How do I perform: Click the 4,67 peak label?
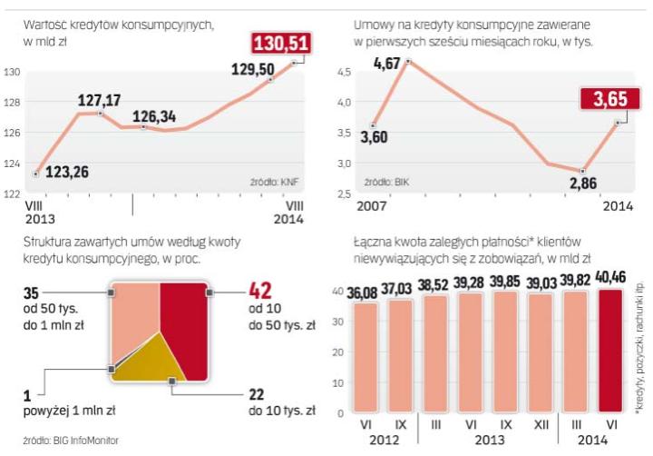tap(389, 64)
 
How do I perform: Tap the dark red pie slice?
tap(183, 327)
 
